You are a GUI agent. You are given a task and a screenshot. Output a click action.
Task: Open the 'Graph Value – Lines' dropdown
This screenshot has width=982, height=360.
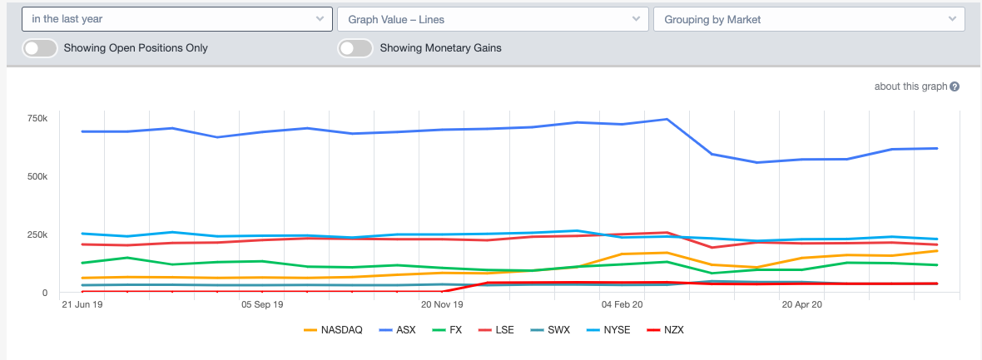[x=493, y=18]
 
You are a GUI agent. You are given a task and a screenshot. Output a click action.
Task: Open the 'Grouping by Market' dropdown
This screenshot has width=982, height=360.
[x=809, y=18]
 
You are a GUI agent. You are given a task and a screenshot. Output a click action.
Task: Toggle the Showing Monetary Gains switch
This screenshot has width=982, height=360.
[x=355, y=48]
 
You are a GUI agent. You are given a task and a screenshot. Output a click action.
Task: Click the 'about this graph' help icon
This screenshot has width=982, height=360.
[x=955, y=86]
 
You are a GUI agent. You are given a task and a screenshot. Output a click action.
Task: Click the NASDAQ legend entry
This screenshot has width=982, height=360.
[x=334, y=330]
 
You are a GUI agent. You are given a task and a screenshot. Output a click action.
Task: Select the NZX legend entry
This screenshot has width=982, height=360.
[x=663, y=330]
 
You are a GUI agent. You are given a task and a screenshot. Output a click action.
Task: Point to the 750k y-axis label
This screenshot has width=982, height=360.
[x=37, y=119]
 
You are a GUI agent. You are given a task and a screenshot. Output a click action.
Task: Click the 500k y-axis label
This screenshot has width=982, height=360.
[x=37, y=176]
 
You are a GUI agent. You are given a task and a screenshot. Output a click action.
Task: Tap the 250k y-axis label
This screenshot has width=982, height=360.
[x=37, y=234]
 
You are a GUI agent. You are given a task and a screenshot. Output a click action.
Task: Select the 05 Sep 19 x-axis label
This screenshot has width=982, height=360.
[x=262, y=305]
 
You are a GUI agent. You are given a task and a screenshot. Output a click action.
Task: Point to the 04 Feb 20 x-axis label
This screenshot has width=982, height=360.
[x=623, y=305]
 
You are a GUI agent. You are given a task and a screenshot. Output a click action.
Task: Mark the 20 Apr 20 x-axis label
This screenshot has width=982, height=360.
[x=803, y=305]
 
